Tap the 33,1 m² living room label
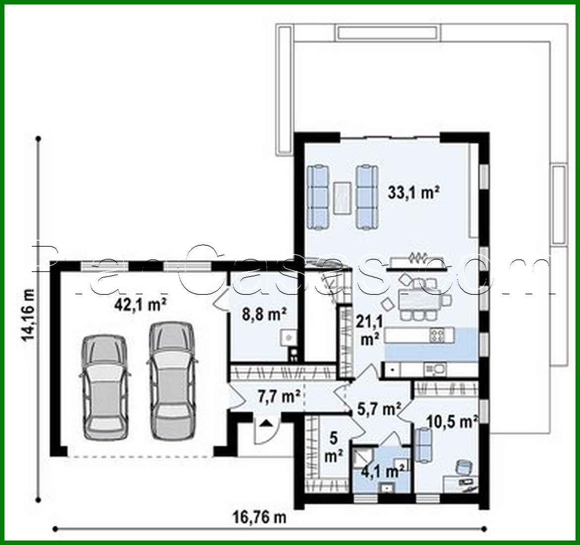click(414, 193)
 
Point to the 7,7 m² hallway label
click(279, 396)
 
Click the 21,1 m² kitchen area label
click(368, 331)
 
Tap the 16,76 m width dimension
click(259, 518)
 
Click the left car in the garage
click(105, 387)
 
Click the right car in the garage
click(171, 381)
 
